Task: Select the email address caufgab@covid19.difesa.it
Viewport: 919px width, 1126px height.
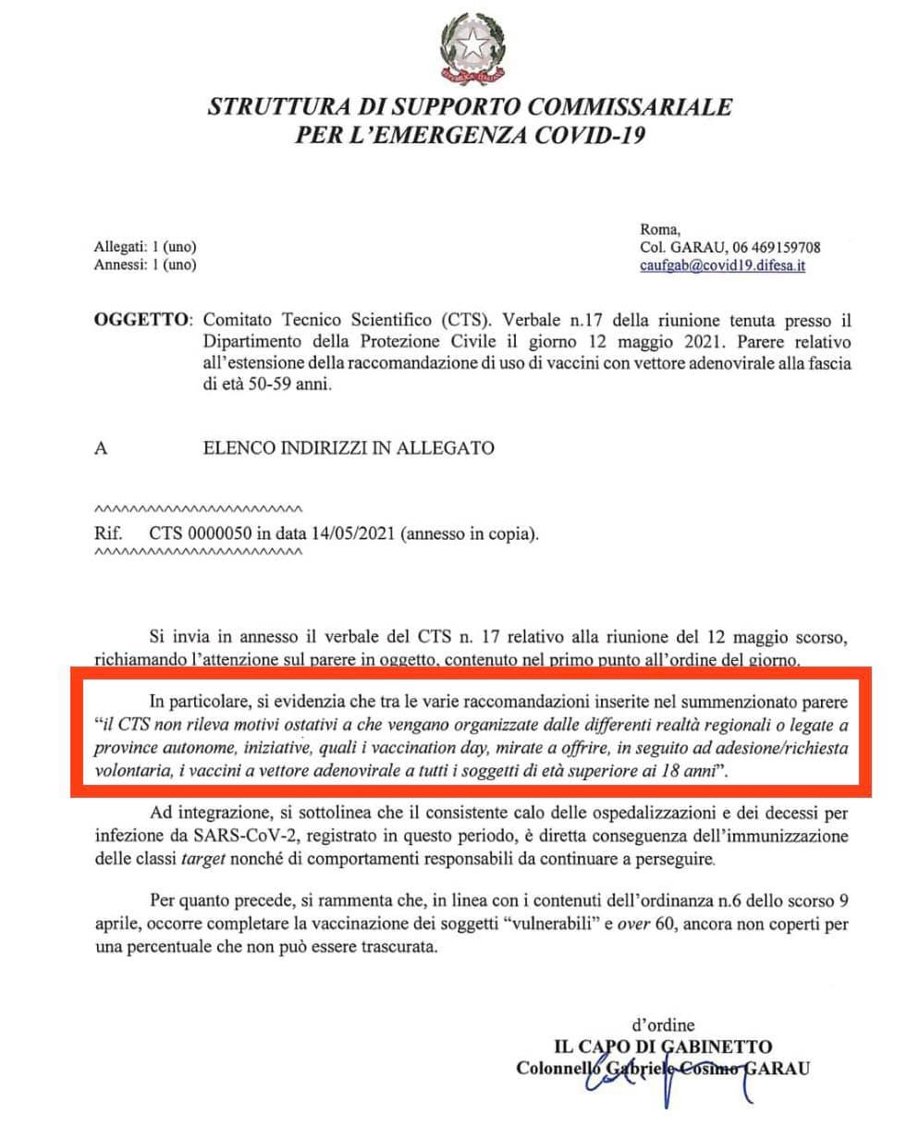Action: pos(722,266)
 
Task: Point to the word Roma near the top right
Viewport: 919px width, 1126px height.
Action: pos(659,229)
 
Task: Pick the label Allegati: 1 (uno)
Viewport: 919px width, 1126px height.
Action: pos(146,248)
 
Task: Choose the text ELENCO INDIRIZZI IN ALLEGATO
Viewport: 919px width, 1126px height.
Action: pos(349,448)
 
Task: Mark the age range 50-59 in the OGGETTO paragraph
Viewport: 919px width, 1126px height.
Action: pos(267,385)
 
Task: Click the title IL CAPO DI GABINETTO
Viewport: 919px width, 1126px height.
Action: pos(662,1047)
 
